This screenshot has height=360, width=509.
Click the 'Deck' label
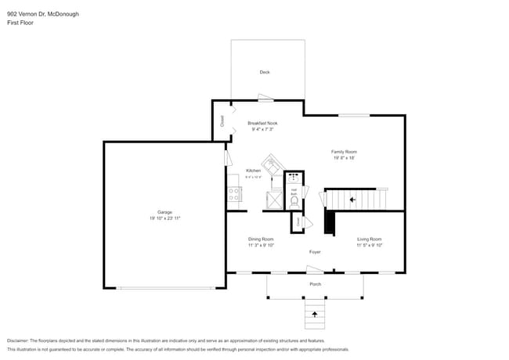(x=265, y=72)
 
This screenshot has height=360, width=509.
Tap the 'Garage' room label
(x=164, y=212)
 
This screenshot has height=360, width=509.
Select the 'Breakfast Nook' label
(x=262, y=123)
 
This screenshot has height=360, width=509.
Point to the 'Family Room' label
(x=344, y=151)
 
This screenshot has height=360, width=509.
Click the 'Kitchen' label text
(x=253, y=171)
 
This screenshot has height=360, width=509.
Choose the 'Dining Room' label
(x=261, y=239)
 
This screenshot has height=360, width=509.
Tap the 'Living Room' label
(x=369, y=239)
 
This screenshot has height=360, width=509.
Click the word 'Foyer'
(x=315, y=252)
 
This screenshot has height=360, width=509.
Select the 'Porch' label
(x=315, y=284)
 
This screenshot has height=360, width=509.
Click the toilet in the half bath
(x=294, y=200)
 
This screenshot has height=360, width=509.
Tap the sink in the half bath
(x=294, y=178)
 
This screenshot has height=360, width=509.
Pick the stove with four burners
(x=233, y=193)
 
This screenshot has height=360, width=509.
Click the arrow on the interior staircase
(x=352, y=200)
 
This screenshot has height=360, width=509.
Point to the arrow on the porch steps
(x=315, y=314)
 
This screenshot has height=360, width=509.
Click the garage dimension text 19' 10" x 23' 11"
(x=164, y=218)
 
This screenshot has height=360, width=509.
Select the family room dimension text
(x=344, y=158)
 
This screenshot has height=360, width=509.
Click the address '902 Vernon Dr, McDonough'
(x=43, y=14)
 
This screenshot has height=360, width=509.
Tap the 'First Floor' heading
(x=20, y=23)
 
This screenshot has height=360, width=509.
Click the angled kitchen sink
(x=271, y=164)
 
